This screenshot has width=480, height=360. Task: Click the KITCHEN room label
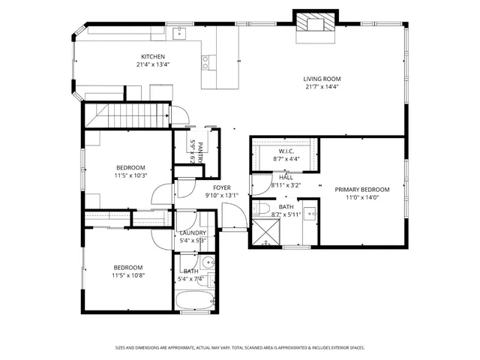pos(153,56)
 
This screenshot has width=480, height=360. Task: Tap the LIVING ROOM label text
pos(322,79)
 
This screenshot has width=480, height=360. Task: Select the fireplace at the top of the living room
pos(310,24)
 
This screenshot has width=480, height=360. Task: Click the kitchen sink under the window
pos(180,33)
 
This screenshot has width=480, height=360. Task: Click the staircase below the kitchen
pos(126,115)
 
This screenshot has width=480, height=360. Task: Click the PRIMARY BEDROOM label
pos(362,189)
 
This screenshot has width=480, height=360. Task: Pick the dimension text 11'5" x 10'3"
pos(130,175)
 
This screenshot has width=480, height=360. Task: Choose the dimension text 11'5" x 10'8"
pos(128,275)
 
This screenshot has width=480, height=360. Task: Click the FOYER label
pos(221,187)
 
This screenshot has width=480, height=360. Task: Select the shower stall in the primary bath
pos(264,232)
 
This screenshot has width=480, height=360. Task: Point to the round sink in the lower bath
pos(211,263)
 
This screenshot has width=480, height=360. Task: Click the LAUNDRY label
pos(193,233)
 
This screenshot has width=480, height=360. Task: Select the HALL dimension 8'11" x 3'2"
pos(286,184)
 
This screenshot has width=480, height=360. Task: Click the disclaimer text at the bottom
pos(240,347)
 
